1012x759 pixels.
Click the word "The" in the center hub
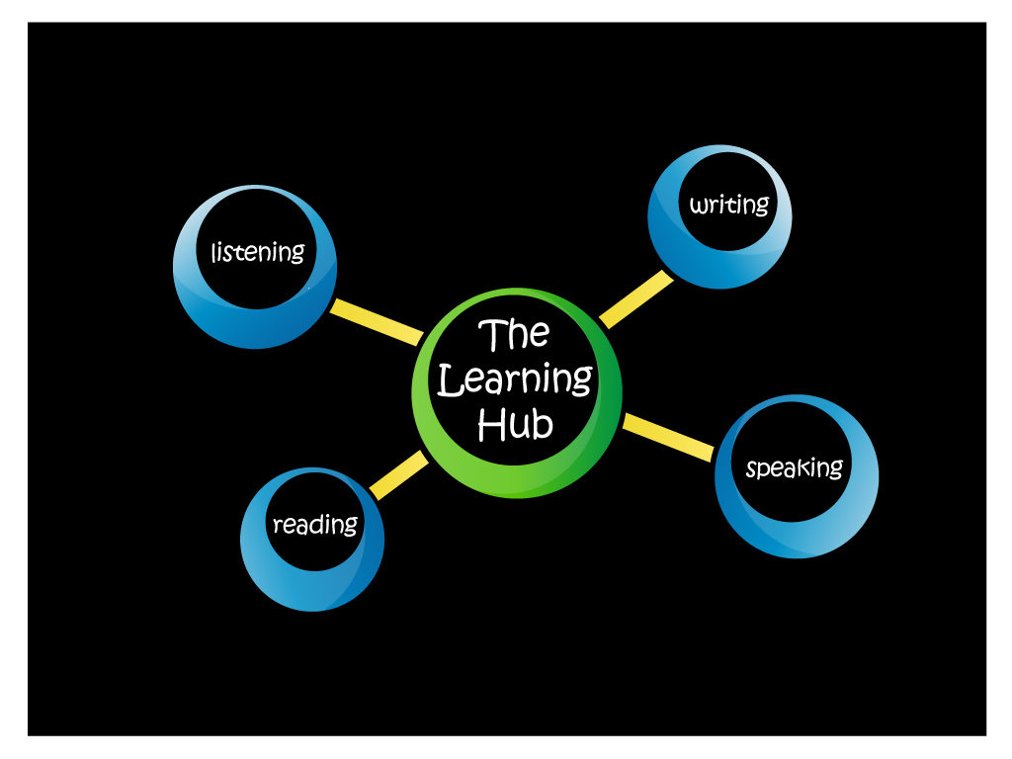514,336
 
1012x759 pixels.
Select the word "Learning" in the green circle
515,380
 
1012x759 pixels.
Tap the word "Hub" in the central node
515,425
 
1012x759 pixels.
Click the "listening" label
258,252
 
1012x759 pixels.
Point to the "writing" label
729,206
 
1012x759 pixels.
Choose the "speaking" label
795,467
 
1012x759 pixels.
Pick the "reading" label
315,525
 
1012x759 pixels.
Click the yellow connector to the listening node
376,322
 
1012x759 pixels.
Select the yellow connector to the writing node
635,298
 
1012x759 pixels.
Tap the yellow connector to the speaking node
668,437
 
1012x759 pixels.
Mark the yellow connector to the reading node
397,476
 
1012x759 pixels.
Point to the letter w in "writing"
699,206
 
